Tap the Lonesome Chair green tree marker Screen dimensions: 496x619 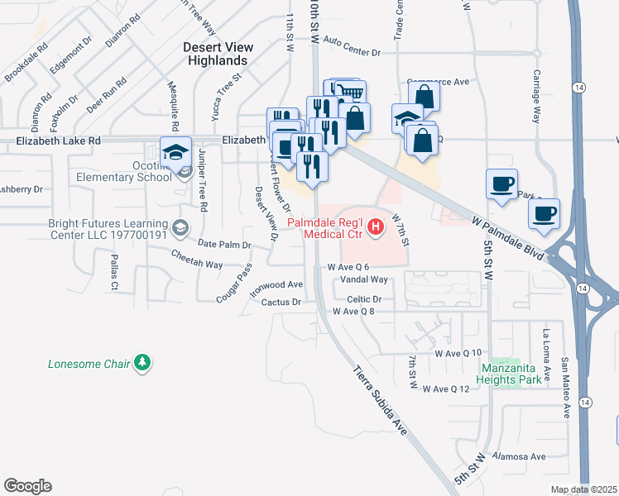click(143, 362)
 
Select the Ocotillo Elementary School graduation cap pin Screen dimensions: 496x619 click(175, 152)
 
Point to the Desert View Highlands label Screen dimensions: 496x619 click(217, 55)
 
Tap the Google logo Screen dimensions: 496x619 click(27, 486)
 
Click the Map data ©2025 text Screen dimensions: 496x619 click(583, 489)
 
